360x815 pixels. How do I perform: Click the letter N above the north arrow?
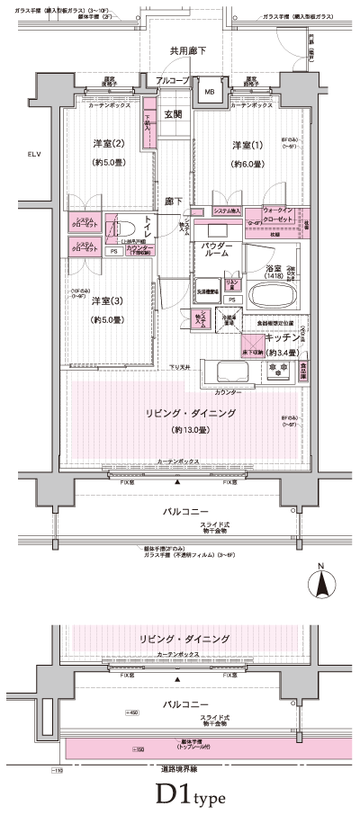tap(320, 567)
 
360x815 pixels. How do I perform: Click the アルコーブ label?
tap(171, 82)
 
